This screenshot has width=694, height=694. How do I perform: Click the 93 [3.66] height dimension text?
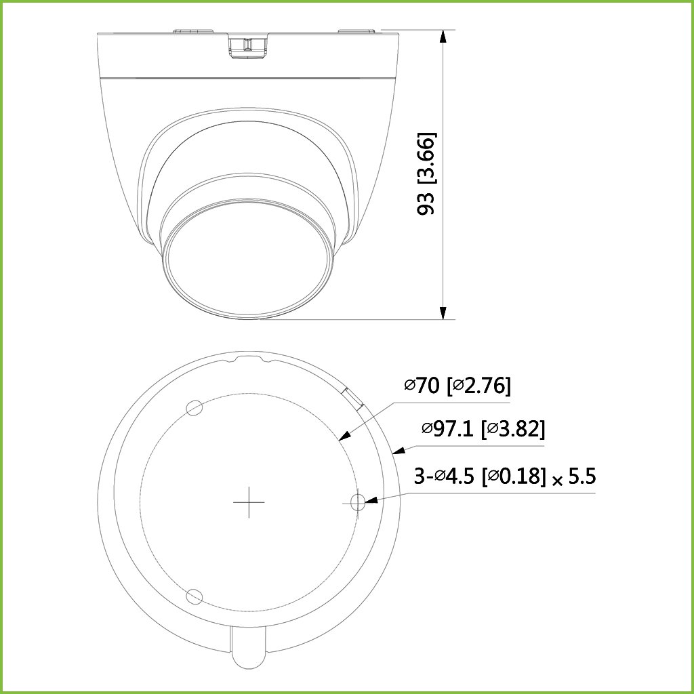coord(426,173)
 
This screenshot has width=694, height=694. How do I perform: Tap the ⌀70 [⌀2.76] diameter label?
coord(457,386)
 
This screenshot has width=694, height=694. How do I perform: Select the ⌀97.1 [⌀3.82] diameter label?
coord(483,428)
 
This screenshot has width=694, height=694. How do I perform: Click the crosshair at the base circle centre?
coord(249,502)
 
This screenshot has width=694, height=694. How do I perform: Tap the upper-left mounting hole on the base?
coord(195,407)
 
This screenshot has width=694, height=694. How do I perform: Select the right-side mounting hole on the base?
coord(359,502)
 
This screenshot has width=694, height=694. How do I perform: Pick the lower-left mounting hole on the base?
coord(195,596)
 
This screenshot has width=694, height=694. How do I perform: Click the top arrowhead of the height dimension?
coord(443,36)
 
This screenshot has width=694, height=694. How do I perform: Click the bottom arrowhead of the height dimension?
coord(443,312)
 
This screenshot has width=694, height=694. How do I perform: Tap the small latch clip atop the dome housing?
coord(246,46)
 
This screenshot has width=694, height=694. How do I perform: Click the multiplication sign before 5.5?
coord(557,481)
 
